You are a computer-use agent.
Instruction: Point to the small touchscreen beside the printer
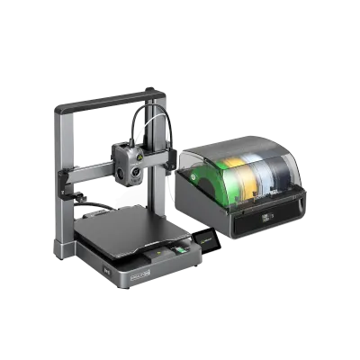(206, 240)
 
